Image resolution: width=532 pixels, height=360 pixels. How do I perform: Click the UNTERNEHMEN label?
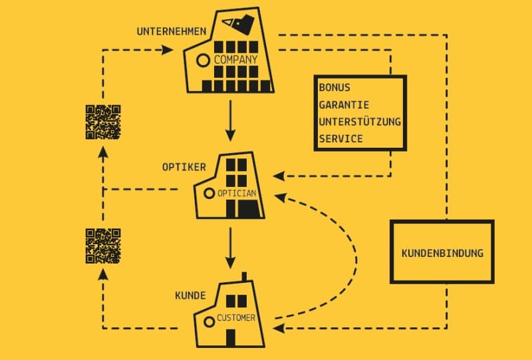[x=160, y=31]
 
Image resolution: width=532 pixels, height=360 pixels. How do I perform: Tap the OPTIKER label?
[x=184, y=166]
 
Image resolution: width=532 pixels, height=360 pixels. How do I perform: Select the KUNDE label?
[x=190, y=295]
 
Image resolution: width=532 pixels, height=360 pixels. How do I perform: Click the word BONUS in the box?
[x=334, y=87]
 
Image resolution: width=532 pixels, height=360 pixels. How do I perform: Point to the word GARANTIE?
[x=344, y=104]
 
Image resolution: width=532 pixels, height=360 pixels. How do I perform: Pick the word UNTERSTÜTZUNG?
[x=360, y=122]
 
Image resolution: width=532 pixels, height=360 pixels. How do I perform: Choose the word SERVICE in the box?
[x=340, y=138]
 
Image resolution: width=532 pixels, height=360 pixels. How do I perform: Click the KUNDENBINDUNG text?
[x=442, y=254]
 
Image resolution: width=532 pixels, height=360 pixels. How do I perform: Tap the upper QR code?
[x=103, y=122]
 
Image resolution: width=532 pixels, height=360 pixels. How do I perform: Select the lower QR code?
[x=103, y=246]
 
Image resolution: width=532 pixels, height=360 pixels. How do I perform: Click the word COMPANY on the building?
[x=235, y=61]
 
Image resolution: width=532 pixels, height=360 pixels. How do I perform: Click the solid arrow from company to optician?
[x=230, y=120]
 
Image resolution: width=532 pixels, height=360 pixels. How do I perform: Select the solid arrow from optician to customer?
[x=230, y=247]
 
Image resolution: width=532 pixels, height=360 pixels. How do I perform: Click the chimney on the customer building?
[x=244, y=277]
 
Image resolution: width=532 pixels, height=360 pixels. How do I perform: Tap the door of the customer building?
[x=230, y=337]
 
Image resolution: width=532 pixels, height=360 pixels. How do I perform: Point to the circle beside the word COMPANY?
[x=204, y=61]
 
